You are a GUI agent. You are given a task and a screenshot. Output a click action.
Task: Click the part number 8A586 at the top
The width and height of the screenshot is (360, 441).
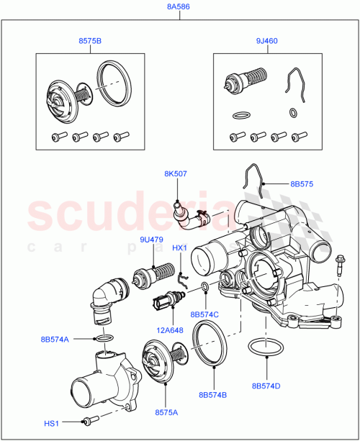coord(179,8)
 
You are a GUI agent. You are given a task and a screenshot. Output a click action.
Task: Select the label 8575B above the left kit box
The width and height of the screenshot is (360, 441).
coord(90,42)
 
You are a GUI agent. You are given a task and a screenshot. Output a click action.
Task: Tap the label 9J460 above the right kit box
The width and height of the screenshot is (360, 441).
coord(267,42)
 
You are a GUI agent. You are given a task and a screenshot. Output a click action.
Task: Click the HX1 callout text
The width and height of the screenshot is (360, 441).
coord(180,248)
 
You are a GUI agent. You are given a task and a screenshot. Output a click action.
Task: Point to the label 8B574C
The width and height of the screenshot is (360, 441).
coord(205,314)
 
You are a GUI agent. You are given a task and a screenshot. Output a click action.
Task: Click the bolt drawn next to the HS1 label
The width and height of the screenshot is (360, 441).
coord(89,421)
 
